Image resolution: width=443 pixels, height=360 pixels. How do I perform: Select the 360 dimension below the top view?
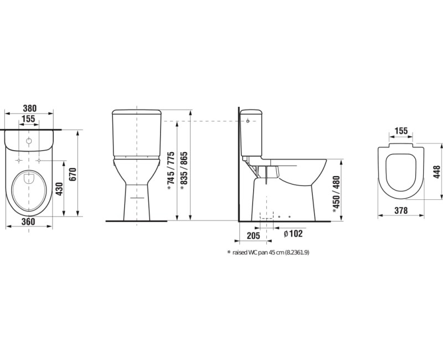coord(29,222)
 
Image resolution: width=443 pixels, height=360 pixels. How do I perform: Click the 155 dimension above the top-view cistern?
coord(29,119)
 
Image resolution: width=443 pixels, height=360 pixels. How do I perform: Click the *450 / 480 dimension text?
coord(336,194)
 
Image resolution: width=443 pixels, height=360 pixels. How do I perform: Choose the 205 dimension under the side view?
coord(253,235)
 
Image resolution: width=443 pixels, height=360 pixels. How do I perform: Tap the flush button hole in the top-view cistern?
coord(29,141)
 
